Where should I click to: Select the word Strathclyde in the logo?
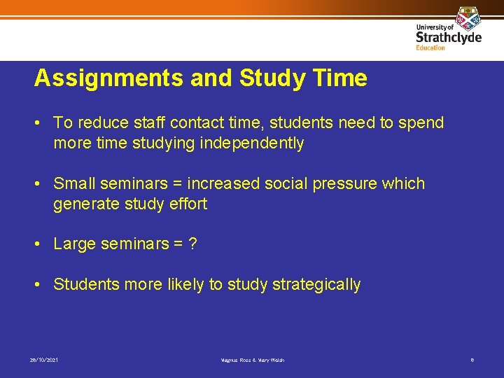(x=448, y=36)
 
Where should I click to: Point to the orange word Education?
(x=430, y=48)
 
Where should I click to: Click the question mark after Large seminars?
(x=192, y=244)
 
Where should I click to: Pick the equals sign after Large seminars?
(x=176, y=244)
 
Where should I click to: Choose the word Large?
(x=75, y=244)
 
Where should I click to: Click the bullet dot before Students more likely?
(x=40, y=285)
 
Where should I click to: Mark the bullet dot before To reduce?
(x=40, y=123)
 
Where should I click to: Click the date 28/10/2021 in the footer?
(x=44, y=360)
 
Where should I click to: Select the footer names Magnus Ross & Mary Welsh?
(x=252, y=360)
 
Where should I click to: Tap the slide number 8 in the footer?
(x=472, y=360)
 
